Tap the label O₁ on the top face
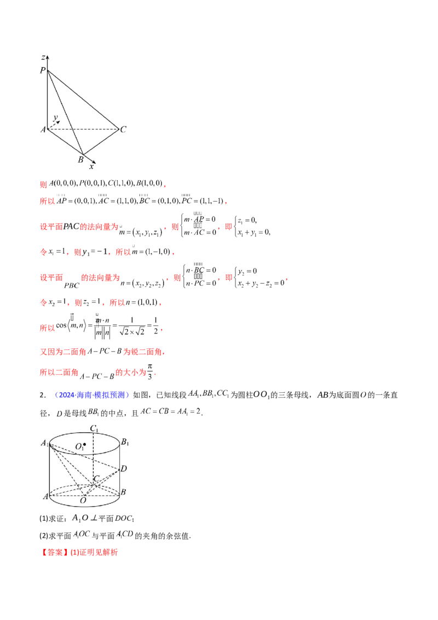tap(78, 447)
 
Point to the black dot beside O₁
tap(84, 445)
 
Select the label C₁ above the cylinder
tap(94, 428)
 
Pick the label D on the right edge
tap(124, 469)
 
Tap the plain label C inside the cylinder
tap(96, 479)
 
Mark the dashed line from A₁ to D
tap(85, 457)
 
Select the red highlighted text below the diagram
tap(79, 553)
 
